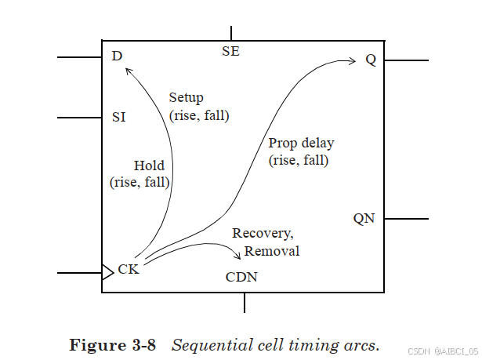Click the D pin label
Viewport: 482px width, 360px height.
[x=118, y=56]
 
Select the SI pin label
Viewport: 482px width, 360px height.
[x=119, y=118]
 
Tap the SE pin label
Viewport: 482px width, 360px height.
[x=231, y=52]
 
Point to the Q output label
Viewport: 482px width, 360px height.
[x=371, y=60]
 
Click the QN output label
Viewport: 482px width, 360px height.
[x=364, y=219]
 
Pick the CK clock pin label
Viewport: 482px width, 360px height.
[x=129, y=270]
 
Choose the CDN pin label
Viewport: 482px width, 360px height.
[x=241, y=277]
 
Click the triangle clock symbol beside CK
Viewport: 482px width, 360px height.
[x=107, y=272]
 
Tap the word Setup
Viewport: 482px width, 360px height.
[x=186, y=98]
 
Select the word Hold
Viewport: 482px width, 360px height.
[x=149, y=165]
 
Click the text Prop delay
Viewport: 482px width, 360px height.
[x=301, y=144]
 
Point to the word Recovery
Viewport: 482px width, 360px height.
[x=263, y=234]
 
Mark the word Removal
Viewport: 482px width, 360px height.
[x=272, y=251]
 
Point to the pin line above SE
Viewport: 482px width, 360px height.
[x=231, y=32]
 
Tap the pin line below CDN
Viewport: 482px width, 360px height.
[x=245, y=303]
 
